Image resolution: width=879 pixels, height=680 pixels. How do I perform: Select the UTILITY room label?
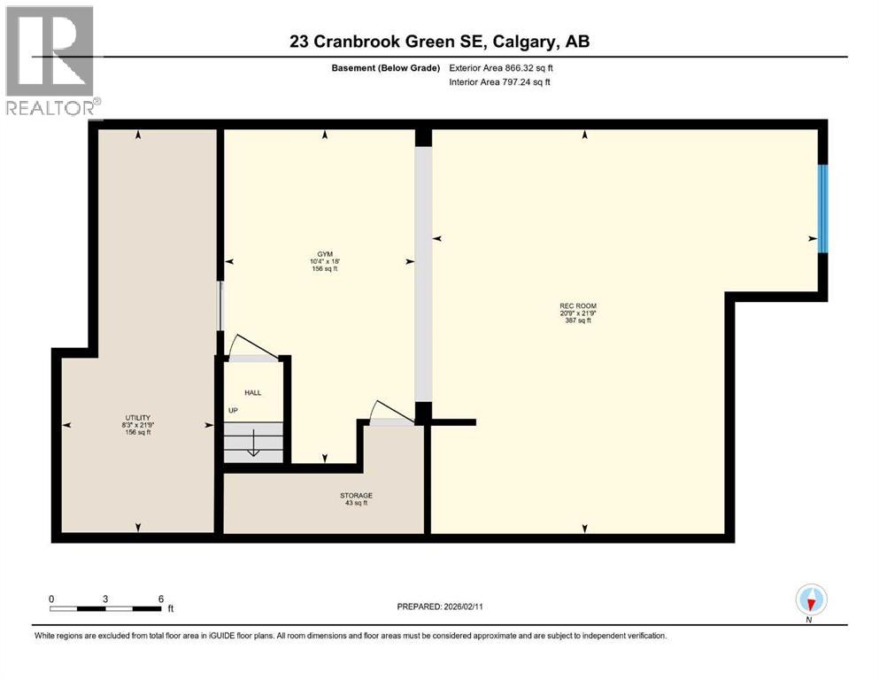137,417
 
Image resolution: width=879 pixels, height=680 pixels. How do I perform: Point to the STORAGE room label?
357,495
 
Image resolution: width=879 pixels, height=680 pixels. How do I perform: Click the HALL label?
253,392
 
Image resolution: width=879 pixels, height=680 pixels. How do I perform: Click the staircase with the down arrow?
252,442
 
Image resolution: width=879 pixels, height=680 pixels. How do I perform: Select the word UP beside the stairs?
234,411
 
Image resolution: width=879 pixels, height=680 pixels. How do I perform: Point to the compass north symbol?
811,601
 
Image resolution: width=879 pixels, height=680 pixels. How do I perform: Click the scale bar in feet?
106,607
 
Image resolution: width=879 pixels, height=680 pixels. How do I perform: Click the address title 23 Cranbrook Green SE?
440,42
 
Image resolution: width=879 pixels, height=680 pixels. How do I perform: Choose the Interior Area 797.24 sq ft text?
500,82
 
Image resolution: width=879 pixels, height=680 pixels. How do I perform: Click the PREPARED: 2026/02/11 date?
439,607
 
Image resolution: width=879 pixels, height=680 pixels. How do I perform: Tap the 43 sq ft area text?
357,503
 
